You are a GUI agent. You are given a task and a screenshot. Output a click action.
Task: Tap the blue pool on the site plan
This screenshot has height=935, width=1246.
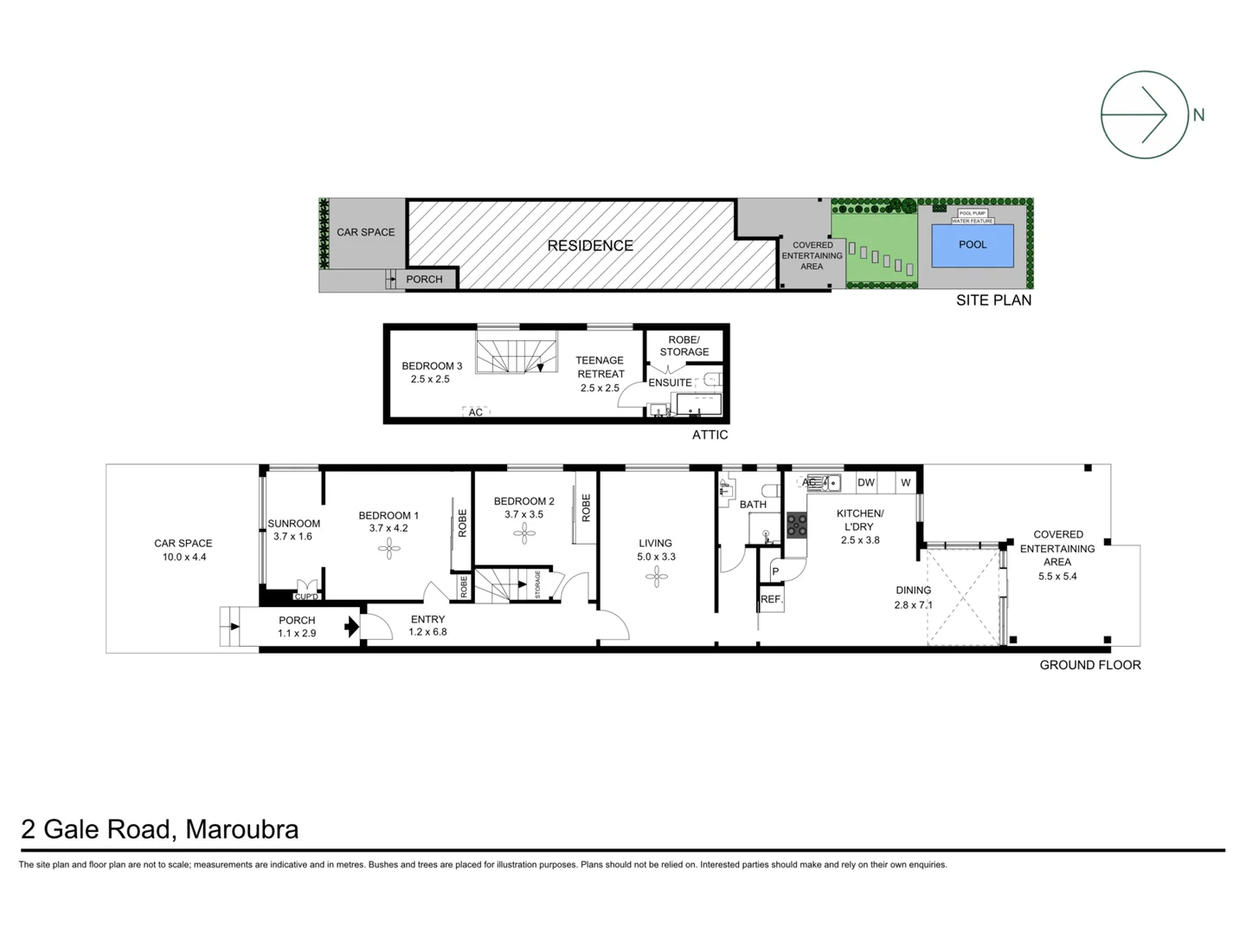point(973,245)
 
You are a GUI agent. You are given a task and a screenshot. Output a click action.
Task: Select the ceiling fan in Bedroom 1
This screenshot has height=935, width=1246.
point(389,546)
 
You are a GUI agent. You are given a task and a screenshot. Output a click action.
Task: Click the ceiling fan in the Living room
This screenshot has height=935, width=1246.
point(657,576)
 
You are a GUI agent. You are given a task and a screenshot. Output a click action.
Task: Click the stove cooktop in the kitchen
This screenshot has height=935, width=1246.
point(797,524)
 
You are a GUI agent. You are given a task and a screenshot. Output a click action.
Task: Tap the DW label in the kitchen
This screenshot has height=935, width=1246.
point(865,482)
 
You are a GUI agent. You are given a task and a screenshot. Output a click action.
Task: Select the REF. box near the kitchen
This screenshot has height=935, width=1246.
point(771,599)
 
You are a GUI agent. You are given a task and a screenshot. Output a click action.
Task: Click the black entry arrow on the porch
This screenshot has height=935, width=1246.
point(352,626)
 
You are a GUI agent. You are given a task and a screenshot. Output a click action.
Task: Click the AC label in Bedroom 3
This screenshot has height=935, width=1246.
point(475,412)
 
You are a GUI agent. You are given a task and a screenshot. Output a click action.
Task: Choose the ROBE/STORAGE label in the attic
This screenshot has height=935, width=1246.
point(684,345)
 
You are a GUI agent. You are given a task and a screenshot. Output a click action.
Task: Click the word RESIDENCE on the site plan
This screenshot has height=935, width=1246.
point(590,246)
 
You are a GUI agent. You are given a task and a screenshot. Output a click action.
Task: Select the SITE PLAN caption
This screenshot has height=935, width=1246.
point(993,300)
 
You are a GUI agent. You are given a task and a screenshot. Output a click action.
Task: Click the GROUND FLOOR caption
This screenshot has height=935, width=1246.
point(1089,665)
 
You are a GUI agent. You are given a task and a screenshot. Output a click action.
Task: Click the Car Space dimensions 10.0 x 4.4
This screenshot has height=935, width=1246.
point(183,557)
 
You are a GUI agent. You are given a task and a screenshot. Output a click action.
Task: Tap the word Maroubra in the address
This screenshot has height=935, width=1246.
point(241,829)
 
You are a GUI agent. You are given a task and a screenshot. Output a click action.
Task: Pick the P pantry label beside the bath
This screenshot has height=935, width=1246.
point(775,571)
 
